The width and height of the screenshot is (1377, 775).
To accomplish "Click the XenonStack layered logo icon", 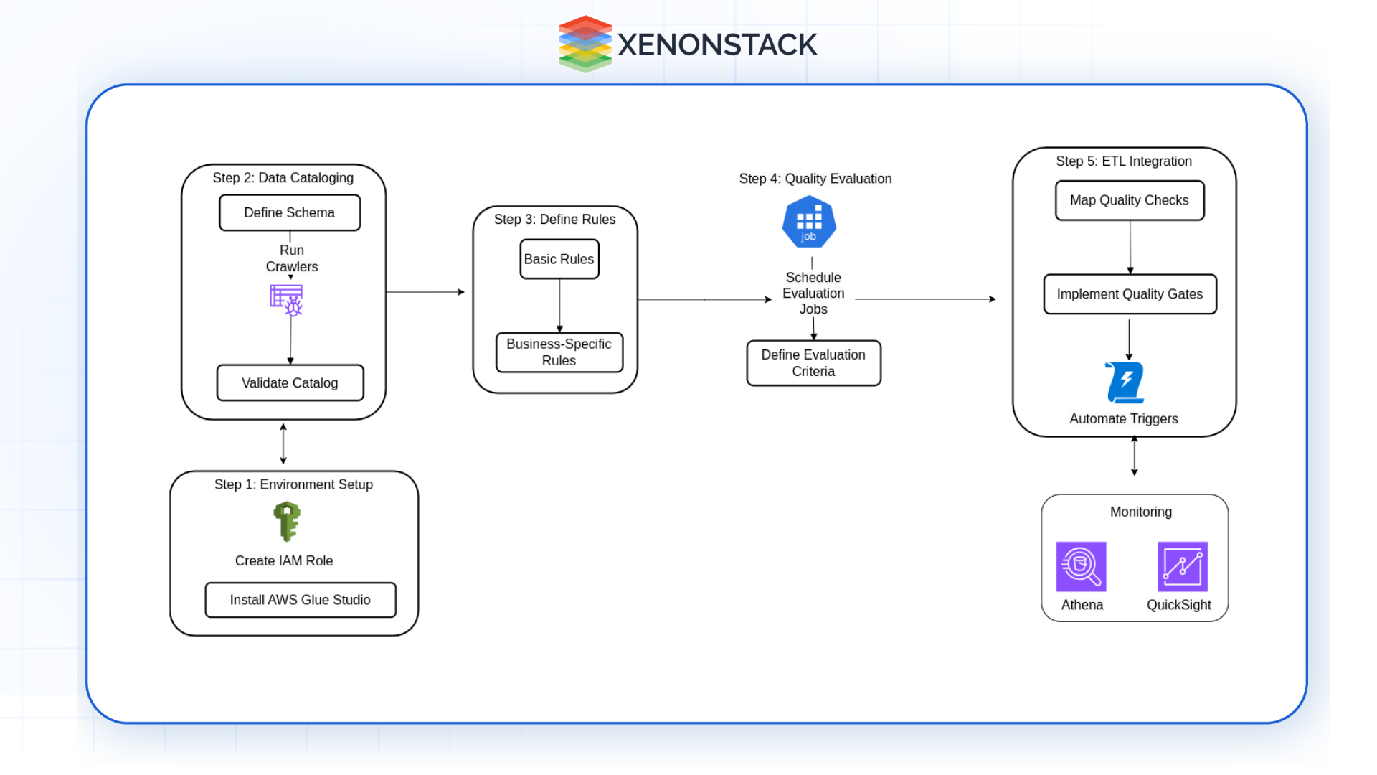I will [x=585, y=44].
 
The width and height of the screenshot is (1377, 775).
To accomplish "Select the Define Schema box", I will [x=290, y=213].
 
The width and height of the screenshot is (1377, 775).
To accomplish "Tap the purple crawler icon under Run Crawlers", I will [x=286, y=300].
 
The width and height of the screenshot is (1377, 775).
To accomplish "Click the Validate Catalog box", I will [x=290, y=383].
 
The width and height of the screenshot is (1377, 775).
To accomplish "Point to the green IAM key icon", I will [x=287, y=521].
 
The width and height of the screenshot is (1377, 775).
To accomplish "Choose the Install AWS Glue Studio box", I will [x=300, y=600].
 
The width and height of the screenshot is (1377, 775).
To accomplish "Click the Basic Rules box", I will [x=559, y=259].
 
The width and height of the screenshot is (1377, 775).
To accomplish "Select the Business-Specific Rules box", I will [x=559, y=352].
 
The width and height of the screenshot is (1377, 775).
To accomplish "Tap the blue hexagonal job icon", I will [x=809, y=222].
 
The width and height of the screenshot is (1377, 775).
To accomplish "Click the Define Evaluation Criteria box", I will [x=813, y=363].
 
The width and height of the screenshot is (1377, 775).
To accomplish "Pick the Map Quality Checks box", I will [x=1129, y=201].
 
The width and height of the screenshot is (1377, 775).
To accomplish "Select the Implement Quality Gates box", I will [x=1130, y=294].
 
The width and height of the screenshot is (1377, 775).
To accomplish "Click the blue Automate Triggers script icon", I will [x=1125, y=382].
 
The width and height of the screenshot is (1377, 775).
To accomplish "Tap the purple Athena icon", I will [x=1081, y=567].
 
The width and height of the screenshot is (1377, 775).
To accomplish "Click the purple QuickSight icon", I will [x=1182, y=567].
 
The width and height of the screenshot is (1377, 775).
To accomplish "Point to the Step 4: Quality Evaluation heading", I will [x=815, y=179].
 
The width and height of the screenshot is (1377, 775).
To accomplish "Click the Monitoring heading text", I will [x=1140, y=512].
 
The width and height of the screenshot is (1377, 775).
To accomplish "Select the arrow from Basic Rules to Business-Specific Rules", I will [x=559, y=305].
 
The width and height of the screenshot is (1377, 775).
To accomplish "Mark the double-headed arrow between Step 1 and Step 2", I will [x=283, y=444].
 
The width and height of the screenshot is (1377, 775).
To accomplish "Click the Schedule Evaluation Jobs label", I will [x=813, y=293].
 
